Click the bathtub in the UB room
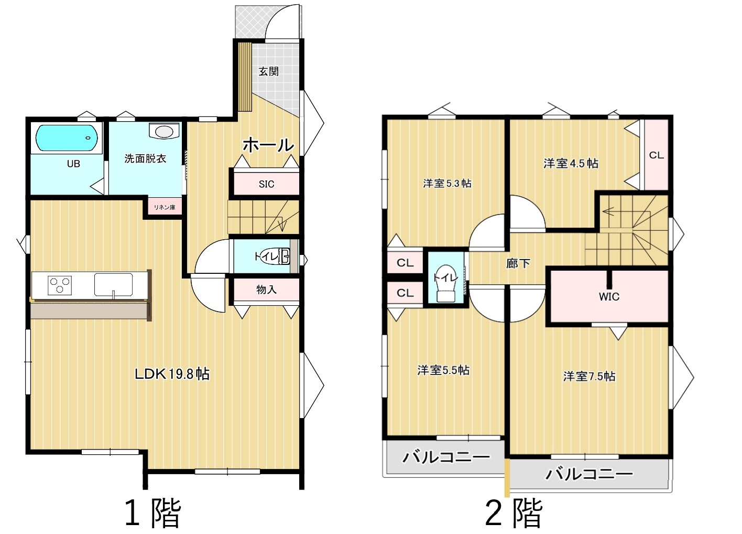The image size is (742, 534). (x=67, y=137)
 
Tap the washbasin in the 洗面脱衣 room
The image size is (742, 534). (x=164, y=131)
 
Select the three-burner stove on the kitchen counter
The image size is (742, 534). (x=60, y=285)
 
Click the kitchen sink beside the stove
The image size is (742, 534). (x=113, y=284)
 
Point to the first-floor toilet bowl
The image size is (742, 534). (x=277, y=257)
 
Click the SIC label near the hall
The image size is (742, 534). (x=266, y=184)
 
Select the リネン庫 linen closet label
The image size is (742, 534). (x=165, y=208)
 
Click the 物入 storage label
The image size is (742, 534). (x=266, y=290)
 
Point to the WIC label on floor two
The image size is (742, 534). (x=609, y=296)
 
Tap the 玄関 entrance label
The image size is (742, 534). (x=268, y=71)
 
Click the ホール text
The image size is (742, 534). (x=268, y=145)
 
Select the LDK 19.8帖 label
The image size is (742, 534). (x=172, y=374)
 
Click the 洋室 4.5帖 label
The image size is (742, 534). (x=571, y=163)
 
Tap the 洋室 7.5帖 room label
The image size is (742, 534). (x=590, y=376)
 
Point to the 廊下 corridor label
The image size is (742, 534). (x=518, y=263)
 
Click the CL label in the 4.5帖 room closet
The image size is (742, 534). (x=656, y=155)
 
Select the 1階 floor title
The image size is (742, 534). (x=153, y=513)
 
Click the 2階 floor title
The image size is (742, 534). (x=514, y=513)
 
